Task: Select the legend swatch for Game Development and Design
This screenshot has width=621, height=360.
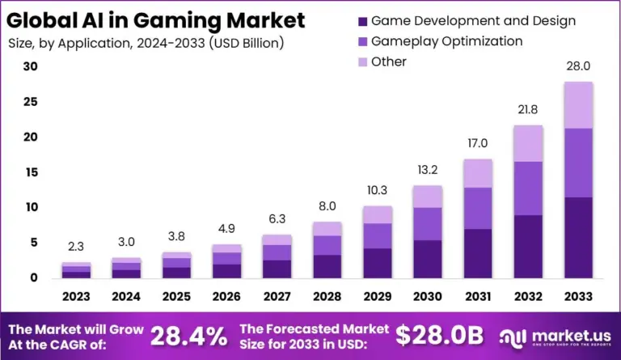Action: [361, 20]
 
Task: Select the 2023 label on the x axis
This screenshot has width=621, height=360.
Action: [76, 297]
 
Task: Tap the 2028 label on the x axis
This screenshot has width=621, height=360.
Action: [327, 297]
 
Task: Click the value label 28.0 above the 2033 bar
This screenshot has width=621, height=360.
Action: [578, 67]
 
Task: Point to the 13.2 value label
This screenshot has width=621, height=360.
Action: [427, 171]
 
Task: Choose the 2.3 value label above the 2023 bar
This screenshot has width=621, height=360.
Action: [76, 248]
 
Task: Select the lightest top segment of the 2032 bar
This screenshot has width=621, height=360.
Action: [527, 143]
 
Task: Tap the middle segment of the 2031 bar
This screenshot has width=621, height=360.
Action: [477, 208]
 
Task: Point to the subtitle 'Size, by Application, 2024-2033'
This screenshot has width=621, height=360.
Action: [146, 41]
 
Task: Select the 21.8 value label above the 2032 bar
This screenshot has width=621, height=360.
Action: [527, 110]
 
